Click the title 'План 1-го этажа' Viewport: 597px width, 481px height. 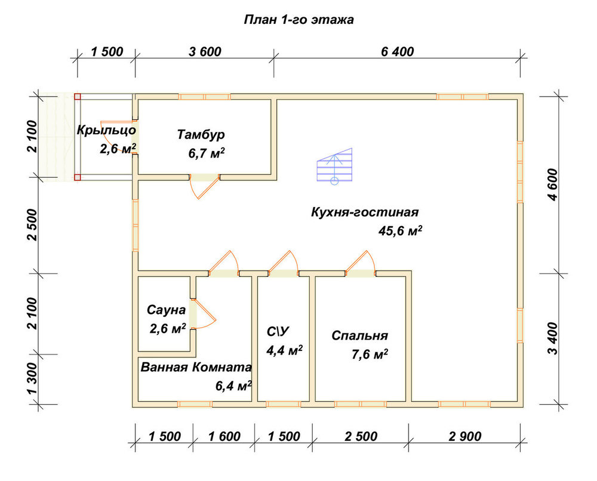point(298,20)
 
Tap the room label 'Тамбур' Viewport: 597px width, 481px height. point(201,135)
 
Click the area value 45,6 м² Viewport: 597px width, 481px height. point(400,230)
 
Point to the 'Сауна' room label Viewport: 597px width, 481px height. point(167,310)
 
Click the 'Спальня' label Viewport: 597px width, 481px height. point(360,335)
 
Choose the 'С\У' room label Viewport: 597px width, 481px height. point(278,332)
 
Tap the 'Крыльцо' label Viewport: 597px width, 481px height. point(106,130)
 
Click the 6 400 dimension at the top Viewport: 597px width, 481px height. point(398,51)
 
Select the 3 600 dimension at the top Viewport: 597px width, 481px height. point(205,51)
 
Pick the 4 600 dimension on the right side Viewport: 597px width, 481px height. point(553,185)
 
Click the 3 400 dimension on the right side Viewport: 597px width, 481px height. point(553,338)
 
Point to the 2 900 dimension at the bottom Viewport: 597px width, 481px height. point(465,436)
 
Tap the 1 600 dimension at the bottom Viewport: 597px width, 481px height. point(224,436)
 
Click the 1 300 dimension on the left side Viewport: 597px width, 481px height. point(33,378)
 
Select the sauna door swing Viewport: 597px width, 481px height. point(203,313)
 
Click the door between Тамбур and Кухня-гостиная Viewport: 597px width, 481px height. point(205,186)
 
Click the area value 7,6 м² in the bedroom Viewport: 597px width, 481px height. point(370,354)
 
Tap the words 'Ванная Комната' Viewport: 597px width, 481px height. point(196,368)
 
